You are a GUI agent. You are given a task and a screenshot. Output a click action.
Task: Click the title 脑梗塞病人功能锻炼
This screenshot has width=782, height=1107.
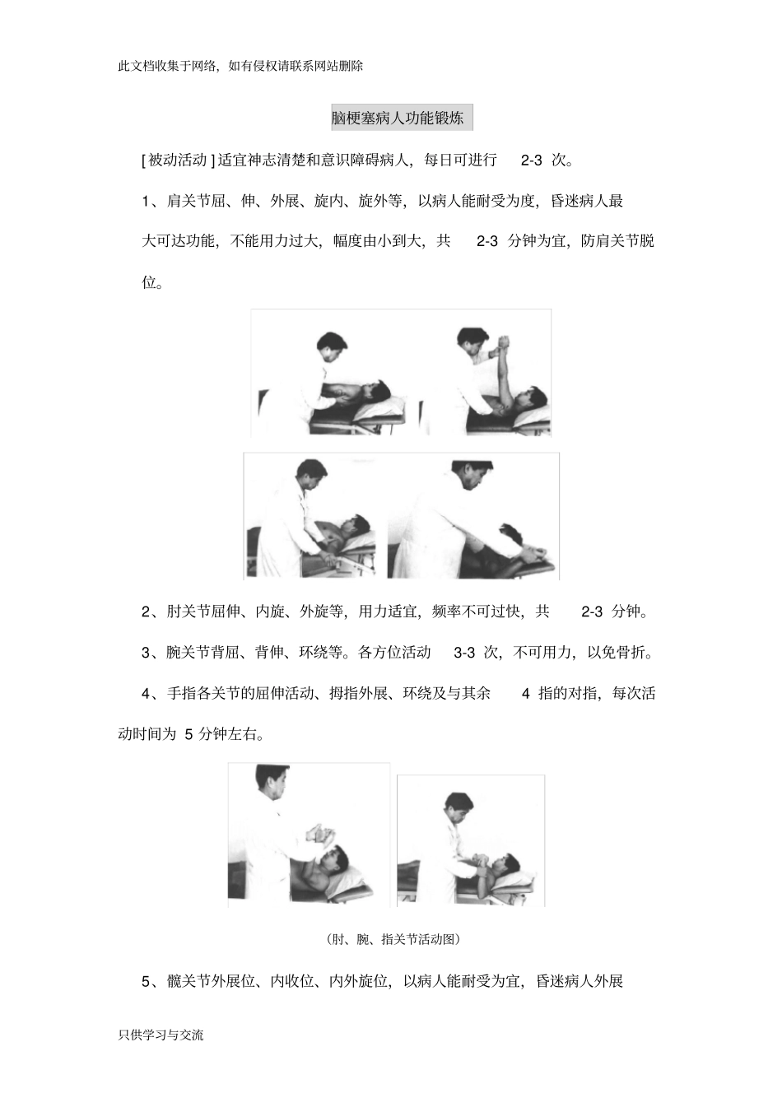402,119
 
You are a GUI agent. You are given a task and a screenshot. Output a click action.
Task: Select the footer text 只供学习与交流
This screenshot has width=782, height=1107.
161,1035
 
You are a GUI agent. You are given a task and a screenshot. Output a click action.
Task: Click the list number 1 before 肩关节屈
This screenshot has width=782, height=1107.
146,202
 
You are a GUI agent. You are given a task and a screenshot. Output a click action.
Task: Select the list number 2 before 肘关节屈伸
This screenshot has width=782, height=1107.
146,612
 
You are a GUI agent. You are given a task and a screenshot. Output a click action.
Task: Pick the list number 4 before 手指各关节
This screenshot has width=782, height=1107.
146,694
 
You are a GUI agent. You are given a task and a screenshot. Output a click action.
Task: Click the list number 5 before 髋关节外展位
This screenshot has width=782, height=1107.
146,982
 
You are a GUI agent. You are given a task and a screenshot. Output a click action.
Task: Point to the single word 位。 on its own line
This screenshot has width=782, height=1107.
152,283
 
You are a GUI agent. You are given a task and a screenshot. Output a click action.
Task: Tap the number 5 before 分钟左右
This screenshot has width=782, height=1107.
189,735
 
